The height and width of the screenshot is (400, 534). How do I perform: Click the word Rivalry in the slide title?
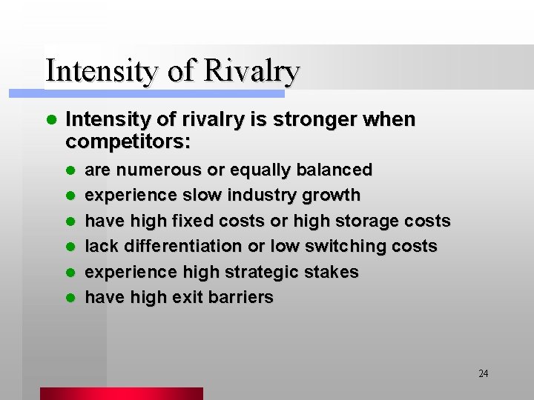coord(251,72)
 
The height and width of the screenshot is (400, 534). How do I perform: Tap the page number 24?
coord(484,373)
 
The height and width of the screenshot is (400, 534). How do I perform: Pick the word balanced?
coord(334,170)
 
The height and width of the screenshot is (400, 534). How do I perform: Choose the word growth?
coord(331,196)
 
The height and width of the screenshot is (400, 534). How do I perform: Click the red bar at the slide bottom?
coord(121,393)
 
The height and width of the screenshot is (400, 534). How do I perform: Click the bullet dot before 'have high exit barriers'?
coord(71,298)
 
